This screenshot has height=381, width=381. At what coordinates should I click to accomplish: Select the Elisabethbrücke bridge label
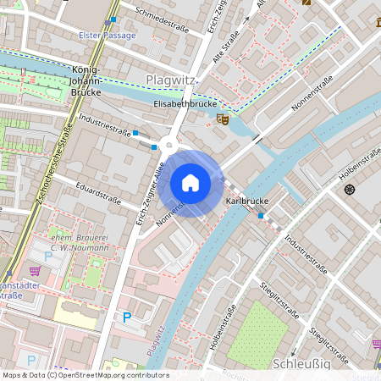[x=181, y=103]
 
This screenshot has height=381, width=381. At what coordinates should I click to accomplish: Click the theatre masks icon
[x=222, y=120]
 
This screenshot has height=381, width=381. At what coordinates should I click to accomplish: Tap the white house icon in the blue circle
[x=190, y=183]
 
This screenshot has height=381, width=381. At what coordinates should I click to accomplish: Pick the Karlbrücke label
[x=246, y=201]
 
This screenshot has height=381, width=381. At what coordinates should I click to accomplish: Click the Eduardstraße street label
[x=97, y=193]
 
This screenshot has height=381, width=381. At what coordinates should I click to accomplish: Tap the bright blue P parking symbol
[x=127, y=317]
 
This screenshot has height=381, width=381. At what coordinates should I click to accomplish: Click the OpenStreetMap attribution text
[x=86, y=375]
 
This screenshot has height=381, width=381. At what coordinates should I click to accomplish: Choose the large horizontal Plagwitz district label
[x=171, y=80]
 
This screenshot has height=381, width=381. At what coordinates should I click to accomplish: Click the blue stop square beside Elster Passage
[x=113, y=19]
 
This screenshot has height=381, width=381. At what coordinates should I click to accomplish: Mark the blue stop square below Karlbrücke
[x=261, y=216]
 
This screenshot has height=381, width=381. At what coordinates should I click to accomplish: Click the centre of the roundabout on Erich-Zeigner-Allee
[x=169, y=145]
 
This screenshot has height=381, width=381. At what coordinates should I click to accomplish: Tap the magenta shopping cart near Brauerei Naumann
[x=35, y=271]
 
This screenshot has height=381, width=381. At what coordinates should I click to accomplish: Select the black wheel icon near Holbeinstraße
[x=349, y=188]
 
